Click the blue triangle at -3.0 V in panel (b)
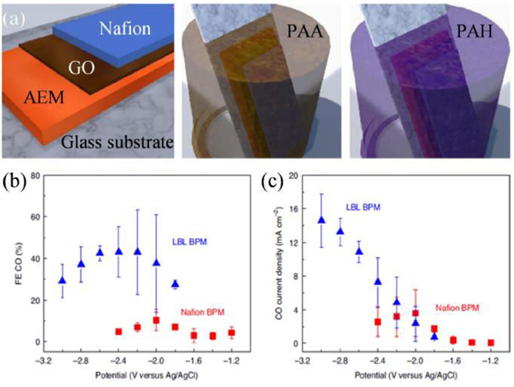pos(62,280)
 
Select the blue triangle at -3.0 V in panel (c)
pos(321,220)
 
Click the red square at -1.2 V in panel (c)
pos(491,343)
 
